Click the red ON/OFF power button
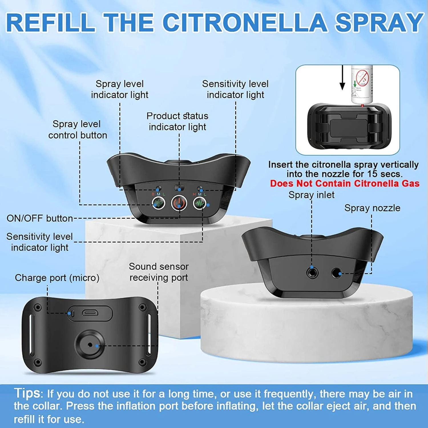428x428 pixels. tap(179, 203)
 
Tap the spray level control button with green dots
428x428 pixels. tap(159, 203)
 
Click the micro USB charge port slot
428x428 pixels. tap(90, 313)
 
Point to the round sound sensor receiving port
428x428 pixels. tap(90, 345)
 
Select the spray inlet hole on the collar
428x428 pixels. tap(312, 273)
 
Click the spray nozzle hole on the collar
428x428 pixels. tap(337, 273)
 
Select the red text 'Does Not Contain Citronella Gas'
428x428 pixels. tap(345, 183)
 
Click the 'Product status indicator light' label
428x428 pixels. tap(177, 121)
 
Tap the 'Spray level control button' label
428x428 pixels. tap(77, 129)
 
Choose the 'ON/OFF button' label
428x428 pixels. tap(40, 218)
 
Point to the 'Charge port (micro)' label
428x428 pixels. tap(57, 278)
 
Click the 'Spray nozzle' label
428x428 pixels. tap(372, 208)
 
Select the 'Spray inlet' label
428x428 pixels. tap(311, 195)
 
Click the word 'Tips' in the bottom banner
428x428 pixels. tap(27, 393)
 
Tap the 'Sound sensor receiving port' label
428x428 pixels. tap(159, 272)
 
